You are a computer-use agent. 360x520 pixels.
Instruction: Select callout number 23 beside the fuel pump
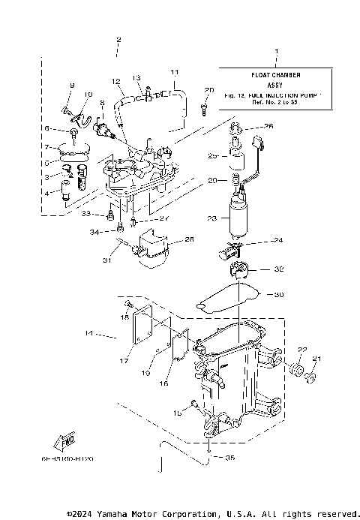click(212, 218)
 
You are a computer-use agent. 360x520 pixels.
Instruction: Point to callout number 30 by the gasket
click(280, 295)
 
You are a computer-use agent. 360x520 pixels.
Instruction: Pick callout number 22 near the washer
click(302, 350)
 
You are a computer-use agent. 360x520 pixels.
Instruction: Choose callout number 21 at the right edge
click(316, 358)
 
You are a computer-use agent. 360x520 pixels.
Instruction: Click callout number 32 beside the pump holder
click(279, 268)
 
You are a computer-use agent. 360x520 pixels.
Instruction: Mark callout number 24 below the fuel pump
click(279, 242)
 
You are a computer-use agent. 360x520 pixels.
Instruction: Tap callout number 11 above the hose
click(174, 72)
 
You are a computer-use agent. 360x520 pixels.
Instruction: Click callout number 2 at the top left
click(118, 38)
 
